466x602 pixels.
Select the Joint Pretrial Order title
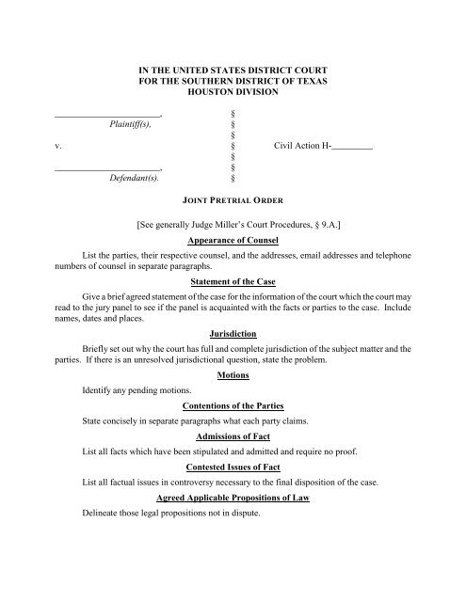coord(233,201)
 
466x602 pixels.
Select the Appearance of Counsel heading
coord(233,241)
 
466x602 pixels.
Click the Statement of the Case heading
coord(233,279)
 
